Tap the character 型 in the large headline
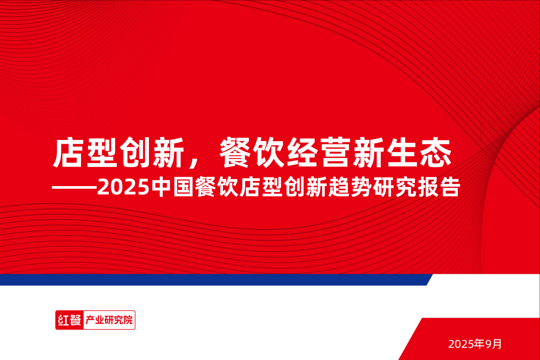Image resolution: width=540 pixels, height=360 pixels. pos(103,153)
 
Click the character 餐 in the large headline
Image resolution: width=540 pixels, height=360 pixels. pos(236,153)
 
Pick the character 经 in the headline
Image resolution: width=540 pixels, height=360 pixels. pos(303,153)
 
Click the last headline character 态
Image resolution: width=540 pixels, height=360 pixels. pos(436,153)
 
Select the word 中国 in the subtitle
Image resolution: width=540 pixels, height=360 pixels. pos(173,188)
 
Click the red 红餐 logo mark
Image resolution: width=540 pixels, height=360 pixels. pos(69,320)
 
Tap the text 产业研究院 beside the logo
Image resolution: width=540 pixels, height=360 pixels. pos(108,320)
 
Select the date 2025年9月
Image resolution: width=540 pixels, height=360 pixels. pos(475,344)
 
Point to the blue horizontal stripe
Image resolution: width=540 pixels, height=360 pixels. pos(213,280)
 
